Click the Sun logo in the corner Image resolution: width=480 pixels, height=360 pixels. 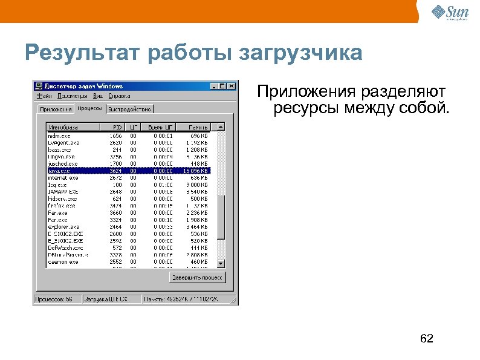pos(451,11)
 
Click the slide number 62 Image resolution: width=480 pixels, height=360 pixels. pos(427,338)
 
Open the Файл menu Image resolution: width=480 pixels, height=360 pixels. pos(44,95)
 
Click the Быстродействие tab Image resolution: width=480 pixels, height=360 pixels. pos(130,109)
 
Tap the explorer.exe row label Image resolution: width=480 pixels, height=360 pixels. pos(63,226)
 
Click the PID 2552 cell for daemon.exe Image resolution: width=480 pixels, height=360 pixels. pos(115,261)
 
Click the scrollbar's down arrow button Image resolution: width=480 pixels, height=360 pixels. pos(221,264)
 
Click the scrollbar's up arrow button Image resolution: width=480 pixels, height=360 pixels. pos(221,127)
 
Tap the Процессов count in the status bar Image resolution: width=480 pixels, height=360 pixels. pos(54,299)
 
